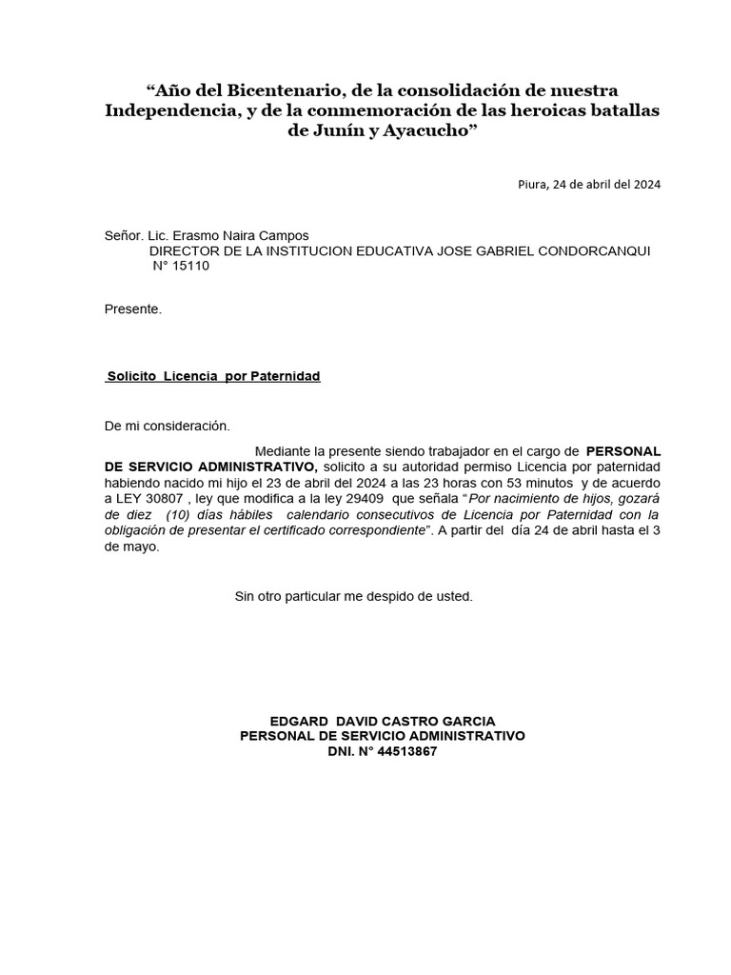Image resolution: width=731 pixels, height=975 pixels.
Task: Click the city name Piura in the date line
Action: [532, 185]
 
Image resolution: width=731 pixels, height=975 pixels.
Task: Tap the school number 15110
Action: [190, 266]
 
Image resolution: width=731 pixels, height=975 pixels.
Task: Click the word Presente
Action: [133, 308]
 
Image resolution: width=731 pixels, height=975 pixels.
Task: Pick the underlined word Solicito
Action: [132, 376]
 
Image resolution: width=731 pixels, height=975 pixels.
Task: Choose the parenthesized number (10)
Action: [167, 515]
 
